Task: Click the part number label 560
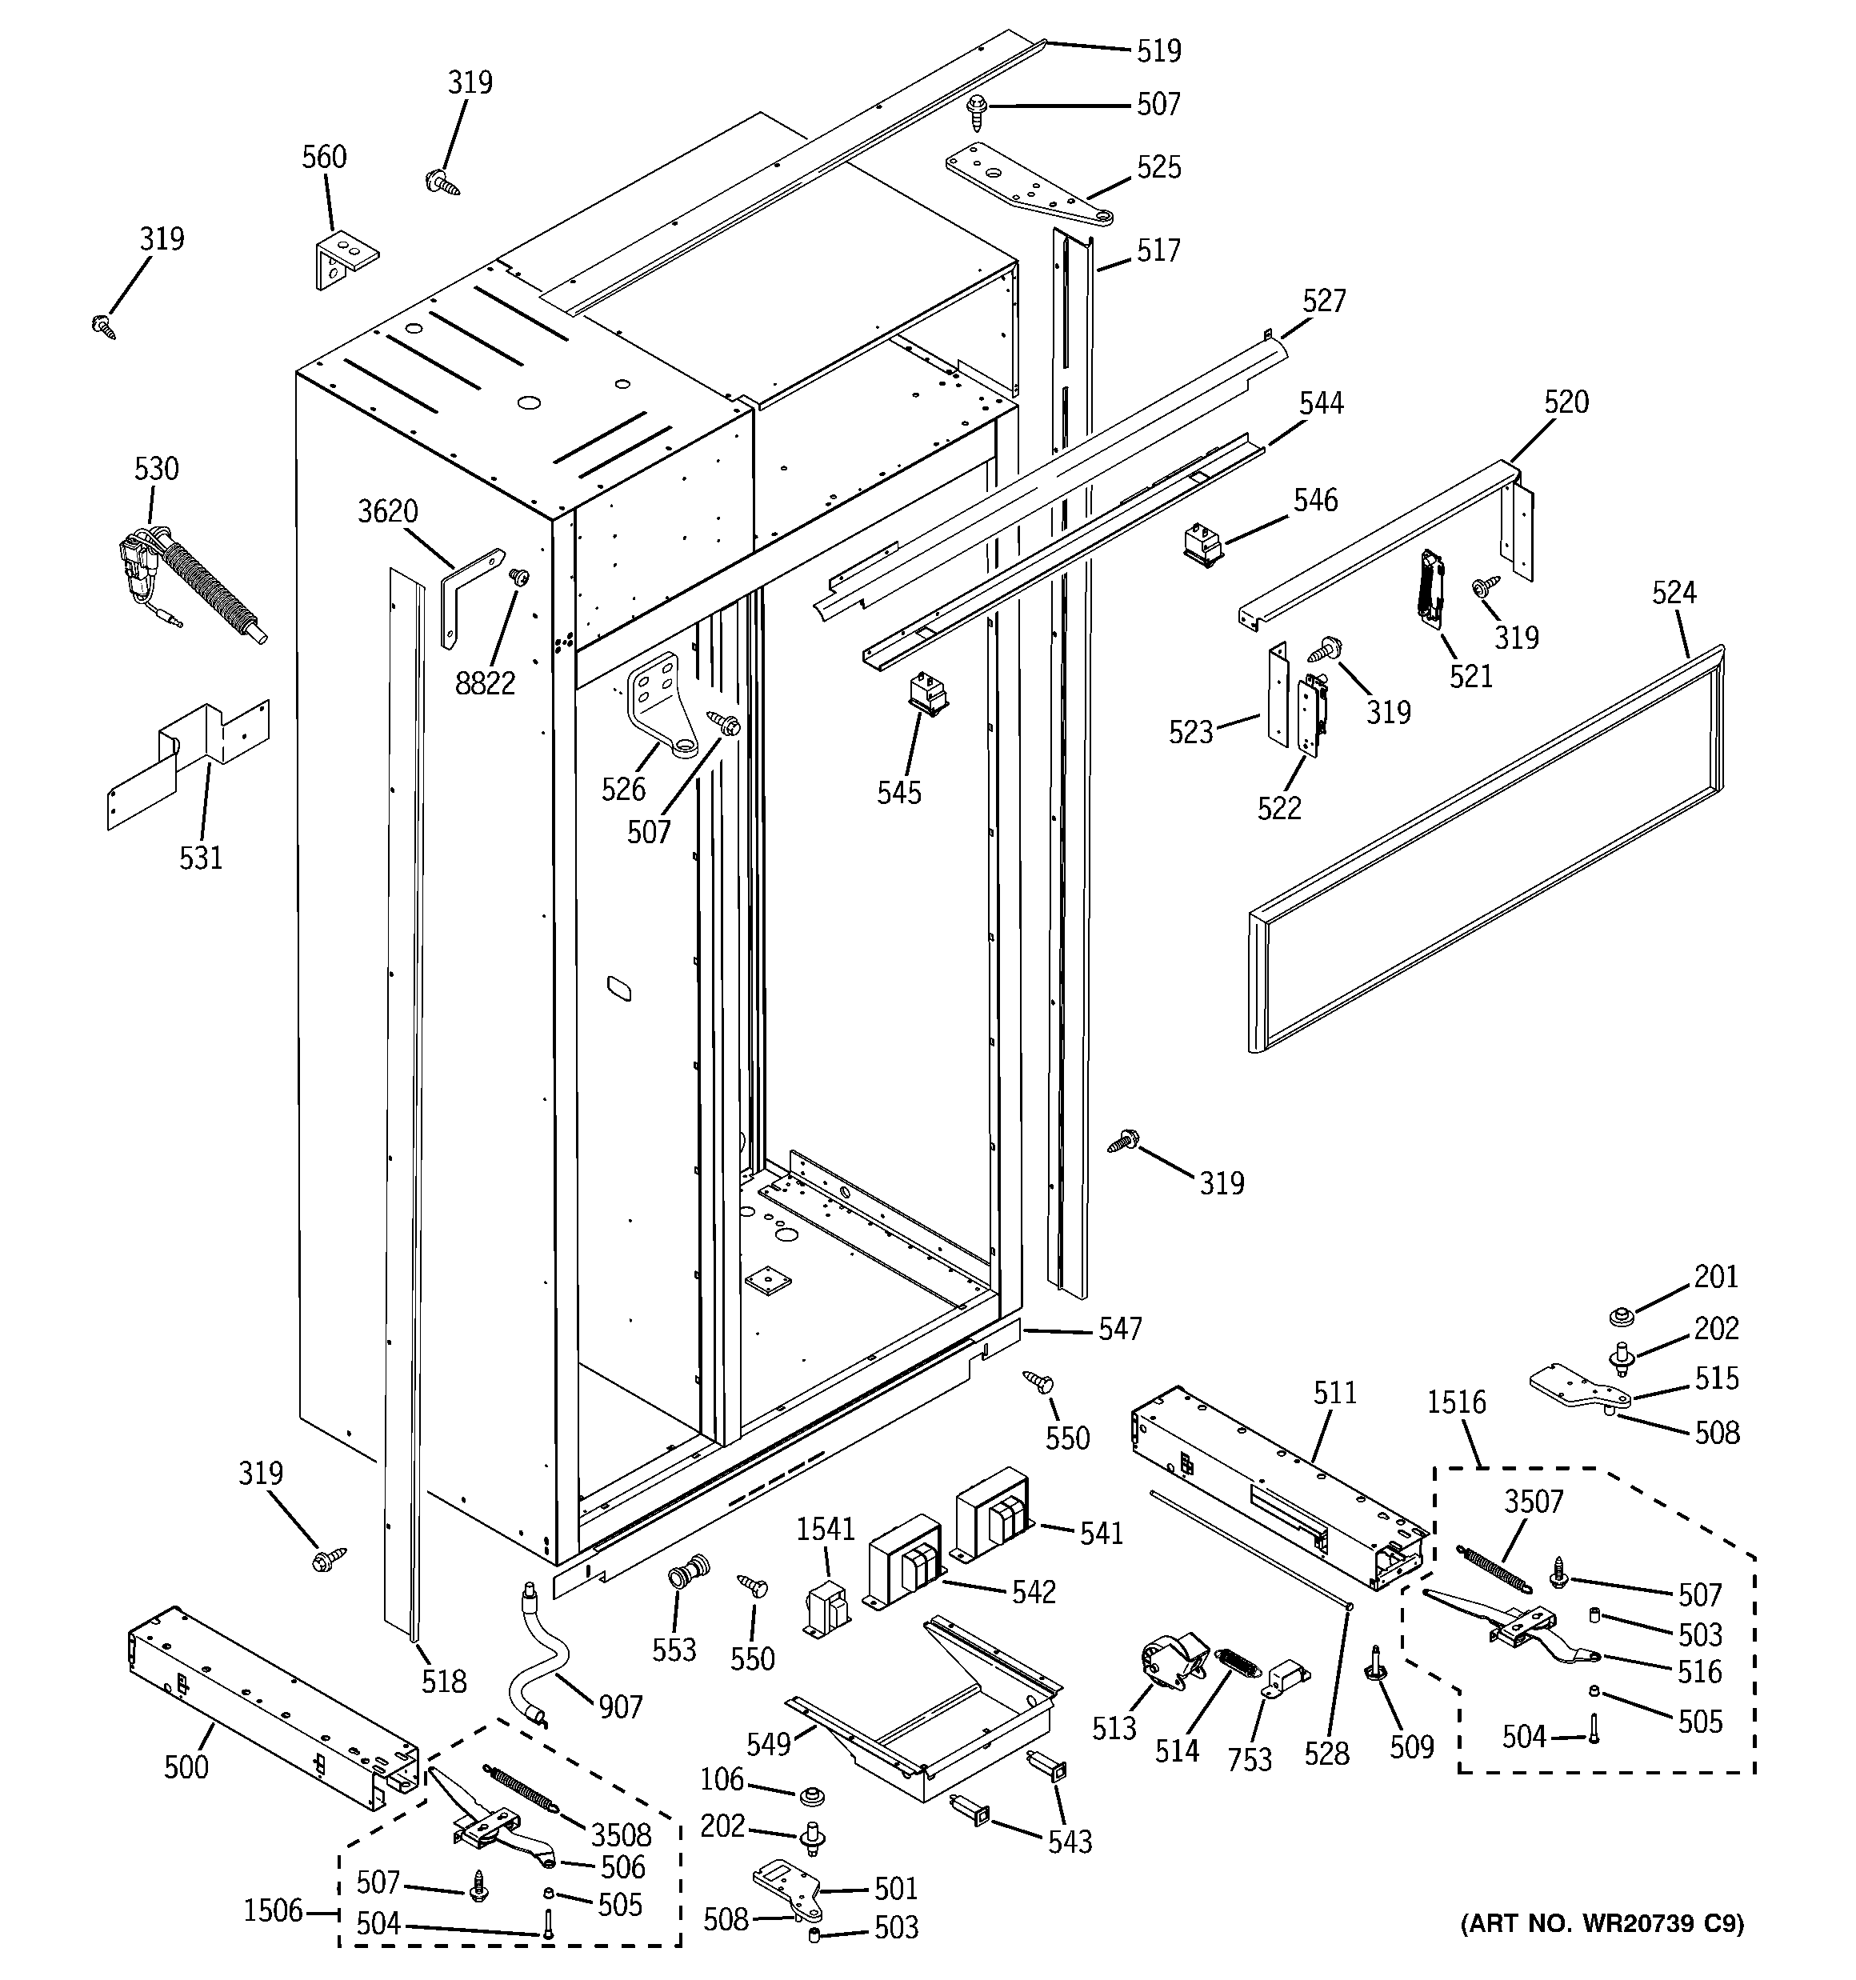(x=324, y=158)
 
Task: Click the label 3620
(x=386, y=512)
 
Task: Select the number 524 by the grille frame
(x=1674, y=593)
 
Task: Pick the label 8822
(x=485, y=683)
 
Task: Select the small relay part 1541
(x=826, y=1610)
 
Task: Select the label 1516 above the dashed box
(x=1455, y=1402)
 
